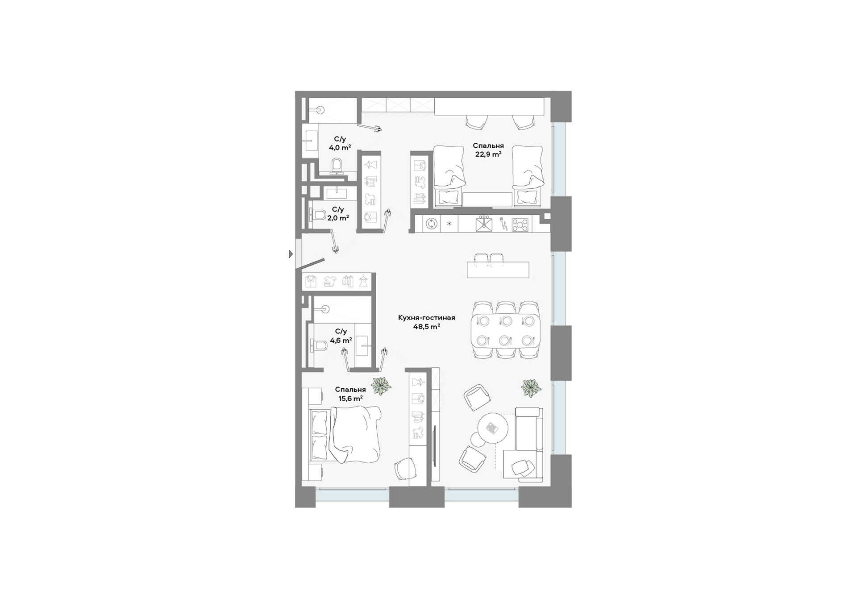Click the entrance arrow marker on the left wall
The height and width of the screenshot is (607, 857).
coord(291,254)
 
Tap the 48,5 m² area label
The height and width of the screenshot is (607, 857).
coord(427,327)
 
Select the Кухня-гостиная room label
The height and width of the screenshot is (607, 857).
coord(427,318)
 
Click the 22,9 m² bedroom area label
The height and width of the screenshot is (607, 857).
coord(488,154)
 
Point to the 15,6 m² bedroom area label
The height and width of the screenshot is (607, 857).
coord(350,399)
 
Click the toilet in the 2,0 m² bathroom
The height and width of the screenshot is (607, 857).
coord(318,215)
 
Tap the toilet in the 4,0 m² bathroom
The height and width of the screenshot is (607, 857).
coord(337,165)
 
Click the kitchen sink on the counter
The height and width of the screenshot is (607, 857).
coord(484,224)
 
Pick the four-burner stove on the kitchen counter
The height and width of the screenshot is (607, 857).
coord(520,224)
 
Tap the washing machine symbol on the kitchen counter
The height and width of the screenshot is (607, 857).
coord(432,224)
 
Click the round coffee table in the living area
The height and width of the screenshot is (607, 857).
coord(493,428)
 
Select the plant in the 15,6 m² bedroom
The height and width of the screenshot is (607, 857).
coord(381,386)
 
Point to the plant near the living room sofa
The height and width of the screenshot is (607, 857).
coord(531,388)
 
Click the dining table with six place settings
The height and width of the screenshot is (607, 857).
coord(505,331)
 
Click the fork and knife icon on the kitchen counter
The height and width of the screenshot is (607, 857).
coord(503,224)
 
